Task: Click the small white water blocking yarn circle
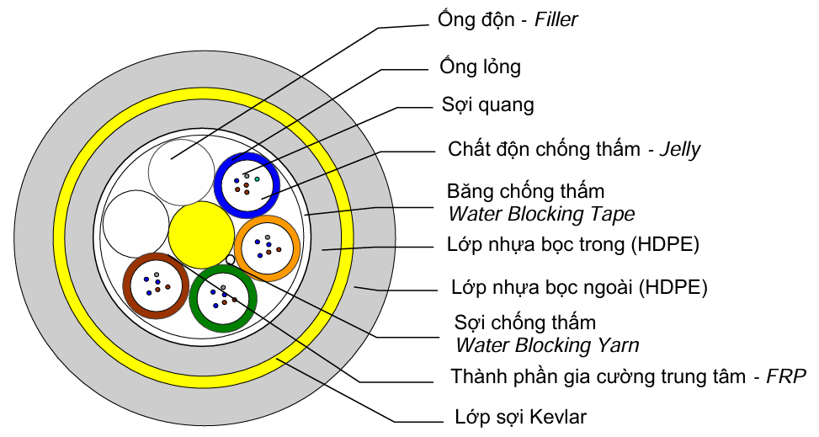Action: pyautogui.click(x=230, y=259)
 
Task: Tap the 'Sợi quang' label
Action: pyautogui.click(x=487, y=105)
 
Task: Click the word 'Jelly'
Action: pyautogui.click(x=680, y=150)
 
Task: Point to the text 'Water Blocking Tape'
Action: pyautogui.click(x=541, y=214)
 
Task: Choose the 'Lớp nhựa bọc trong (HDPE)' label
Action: pyautogui.click(x=573, y=245)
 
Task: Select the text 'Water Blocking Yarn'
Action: pyautogui.click(x=546, y=344)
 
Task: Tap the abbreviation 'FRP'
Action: pyautogui.click(x=786, y=376)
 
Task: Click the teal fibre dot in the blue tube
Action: pyautogui.click(x=257, y=179)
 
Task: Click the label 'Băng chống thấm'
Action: pyautogui.click(x=526, y=192)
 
